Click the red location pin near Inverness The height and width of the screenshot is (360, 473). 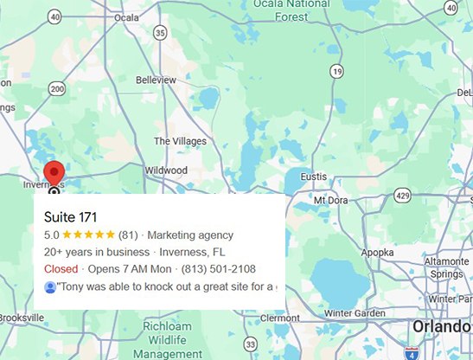[x=54, y=172]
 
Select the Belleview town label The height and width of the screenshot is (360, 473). [x=156, y=79]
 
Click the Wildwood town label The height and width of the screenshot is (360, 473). [x=165, y=170]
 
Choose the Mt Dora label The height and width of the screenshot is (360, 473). [x=329, y=200]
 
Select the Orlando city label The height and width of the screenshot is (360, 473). [x=439, y=327]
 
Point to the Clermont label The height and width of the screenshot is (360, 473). [x=278, y=318]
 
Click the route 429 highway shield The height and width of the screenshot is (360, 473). [x=402, y=197]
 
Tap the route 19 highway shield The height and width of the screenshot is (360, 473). [x=336, y=70]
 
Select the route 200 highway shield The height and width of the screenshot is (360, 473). [x=57, y=88]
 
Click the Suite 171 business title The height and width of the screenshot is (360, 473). [x=70, y=216]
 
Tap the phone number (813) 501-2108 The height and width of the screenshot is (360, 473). [x=220, y=269]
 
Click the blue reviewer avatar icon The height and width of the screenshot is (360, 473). [x=50, y=286]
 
